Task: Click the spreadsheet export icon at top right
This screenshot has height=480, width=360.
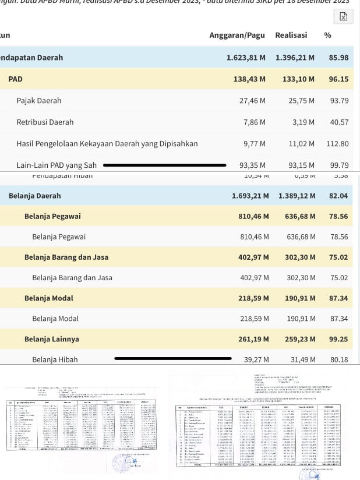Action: (343, 16)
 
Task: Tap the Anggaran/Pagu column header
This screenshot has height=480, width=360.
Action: (237, 35)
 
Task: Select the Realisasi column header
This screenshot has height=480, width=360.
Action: (291, 35)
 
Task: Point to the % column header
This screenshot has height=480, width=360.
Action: (327, 35)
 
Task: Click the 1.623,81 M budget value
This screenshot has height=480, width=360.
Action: (246, 58)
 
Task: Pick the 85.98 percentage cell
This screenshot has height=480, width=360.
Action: (338, 58)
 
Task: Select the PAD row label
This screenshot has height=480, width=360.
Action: (16, 79)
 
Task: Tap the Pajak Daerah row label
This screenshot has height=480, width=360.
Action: (39, 101)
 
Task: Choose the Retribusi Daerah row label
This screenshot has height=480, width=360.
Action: (45, 122)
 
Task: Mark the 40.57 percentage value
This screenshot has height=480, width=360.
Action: (339, 122)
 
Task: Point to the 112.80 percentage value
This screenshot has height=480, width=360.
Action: (337, 144)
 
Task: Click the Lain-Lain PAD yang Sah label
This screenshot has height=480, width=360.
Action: (57, 165)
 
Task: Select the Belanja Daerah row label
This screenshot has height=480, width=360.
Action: (35, 196)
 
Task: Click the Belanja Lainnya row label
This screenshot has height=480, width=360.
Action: (52, 339)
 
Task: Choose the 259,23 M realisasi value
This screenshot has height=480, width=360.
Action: (297, 339)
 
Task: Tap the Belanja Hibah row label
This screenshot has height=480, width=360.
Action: (55, 359)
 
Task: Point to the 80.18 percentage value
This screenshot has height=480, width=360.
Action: (339, 359)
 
